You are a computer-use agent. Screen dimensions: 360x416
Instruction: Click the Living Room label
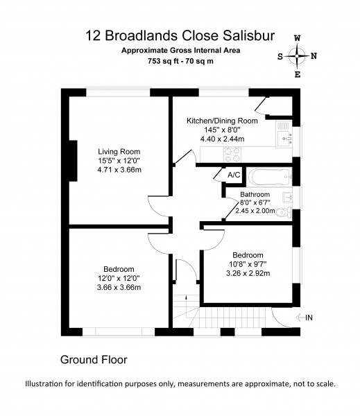119,152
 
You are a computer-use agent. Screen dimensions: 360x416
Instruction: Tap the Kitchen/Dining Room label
222,121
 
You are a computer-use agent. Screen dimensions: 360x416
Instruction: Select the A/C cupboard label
234,175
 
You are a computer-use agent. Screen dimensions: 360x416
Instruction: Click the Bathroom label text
255,194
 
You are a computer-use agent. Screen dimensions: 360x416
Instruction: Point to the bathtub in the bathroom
270,177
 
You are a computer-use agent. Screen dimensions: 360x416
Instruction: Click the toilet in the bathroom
284,213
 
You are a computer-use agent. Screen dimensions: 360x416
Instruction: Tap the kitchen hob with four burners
233,155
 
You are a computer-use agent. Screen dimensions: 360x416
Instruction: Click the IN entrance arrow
300,318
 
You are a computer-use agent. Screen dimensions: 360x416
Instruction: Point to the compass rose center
297,56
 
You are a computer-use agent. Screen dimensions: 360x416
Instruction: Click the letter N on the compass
314,56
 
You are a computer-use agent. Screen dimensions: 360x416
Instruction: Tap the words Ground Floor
94,360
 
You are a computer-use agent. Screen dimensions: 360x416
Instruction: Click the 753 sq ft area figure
162,61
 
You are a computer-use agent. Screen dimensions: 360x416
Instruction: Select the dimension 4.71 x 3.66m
119,170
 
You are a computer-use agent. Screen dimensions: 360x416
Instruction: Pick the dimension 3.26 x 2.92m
248,273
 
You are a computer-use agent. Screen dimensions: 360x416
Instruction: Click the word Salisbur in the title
249,35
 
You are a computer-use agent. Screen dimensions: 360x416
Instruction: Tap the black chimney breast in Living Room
73,161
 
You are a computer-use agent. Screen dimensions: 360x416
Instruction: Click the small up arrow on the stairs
186,297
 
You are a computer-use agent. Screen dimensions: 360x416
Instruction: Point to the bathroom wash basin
287,198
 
